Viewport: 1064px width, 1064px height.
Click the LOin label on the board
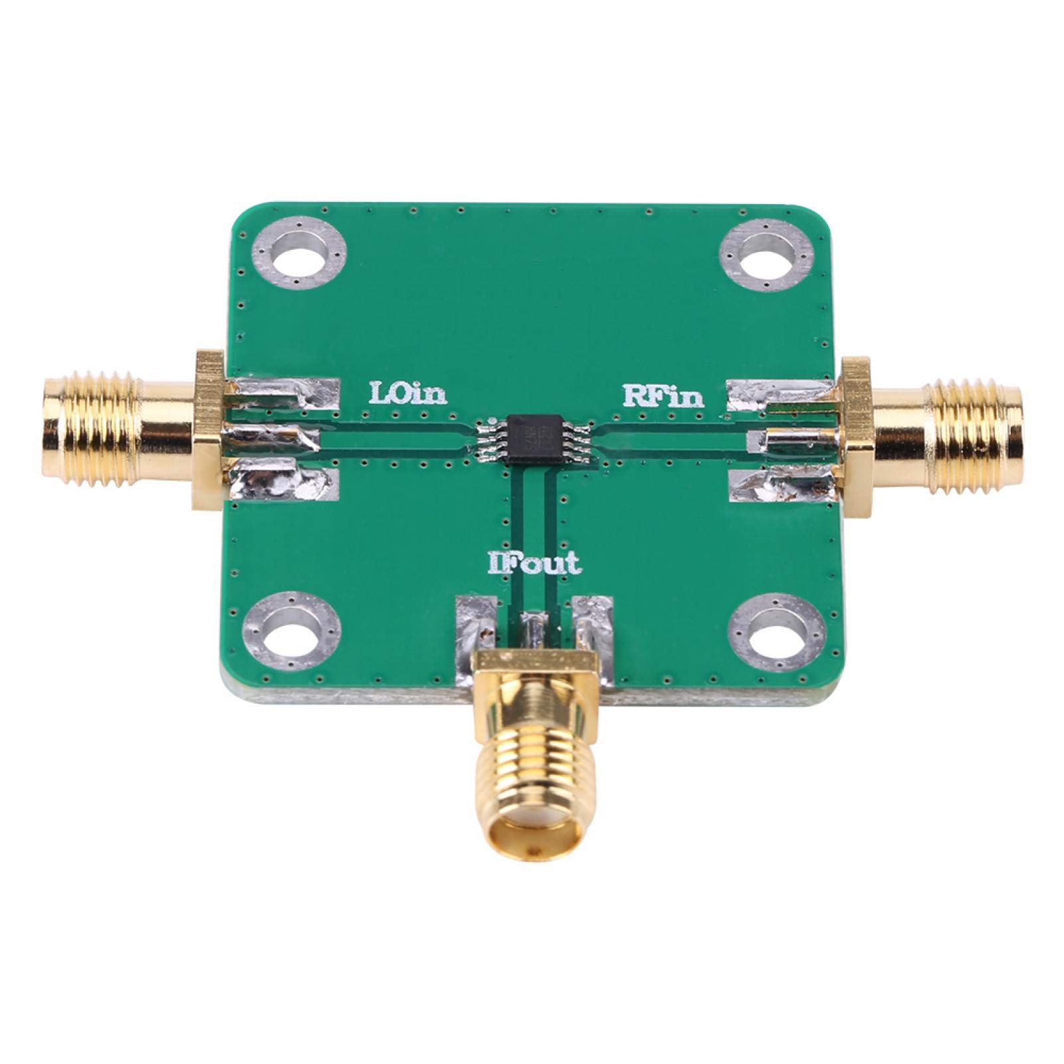[x=408, y=394]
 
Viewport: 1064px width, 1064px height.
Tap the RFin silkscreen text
[x=663, y=396]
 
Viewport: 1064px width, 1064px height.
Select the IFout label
[x=534, y=564]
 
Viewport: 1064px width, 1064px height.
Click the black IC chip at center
[x=532, y=439]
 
